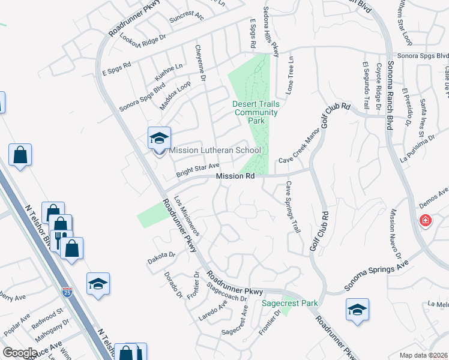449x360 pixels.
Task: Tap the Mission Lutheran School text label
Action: (215, 151)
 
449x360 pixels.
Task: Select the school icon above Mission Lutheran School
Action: (159, 139)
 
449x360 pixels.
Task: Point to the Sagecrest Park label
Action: (290, 303)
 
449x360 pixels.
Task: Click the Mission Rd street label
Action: (235, 176)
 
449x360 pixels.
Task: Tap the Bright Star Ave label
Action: (197, 170)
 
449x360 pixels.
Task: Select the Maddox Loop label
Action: (175, 96)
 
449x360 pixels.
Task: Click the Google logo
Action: (20, 353)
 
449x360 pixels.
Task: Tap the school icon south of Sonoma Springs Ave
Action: (357, 310)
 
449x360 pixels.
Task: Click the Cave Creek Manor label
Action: (298, 148)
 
